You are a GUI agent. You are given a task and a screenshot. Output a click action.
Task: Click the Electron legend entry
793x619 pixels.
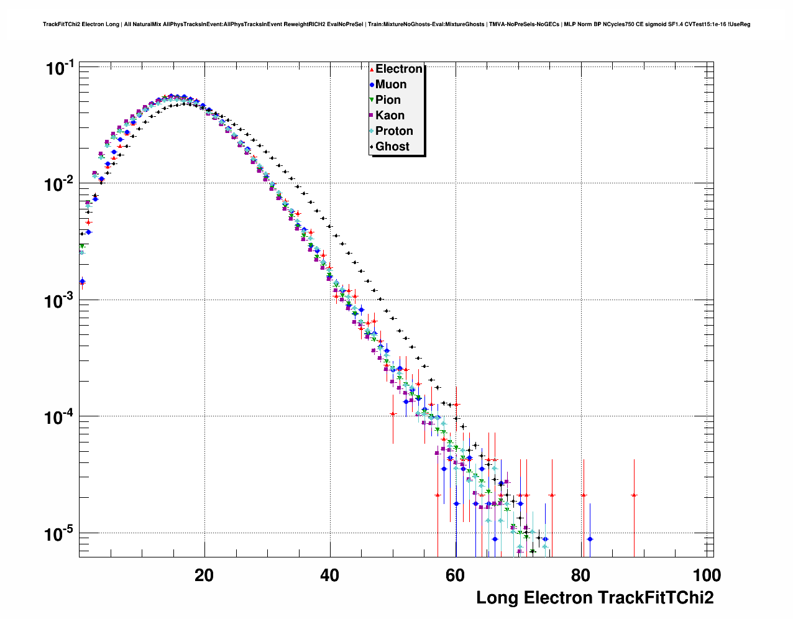398,69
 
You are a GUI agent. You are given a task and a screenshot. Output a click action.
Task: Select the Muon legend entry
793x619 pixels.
390,85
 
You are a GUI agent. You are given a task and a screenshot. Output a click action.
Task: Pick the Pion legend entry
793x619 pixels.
388,100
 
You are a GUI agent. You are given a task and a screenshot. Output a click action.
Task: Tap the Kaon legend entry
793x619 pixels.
390,116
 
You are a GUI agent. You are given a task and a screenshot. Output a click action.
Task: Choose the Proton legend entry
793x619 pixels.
394,131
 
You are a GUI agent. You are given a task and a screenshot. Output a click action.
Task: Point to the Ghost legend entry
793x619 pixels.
392,147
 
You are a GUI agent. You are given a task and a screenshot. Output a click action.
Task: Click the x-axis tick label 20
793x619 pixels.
204,575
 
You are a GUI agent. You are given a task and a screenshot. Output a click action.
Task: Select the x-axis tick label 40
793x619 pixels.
329,575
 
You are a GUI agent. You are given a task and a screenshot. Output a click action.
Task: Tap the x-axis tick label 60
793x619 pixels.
455,575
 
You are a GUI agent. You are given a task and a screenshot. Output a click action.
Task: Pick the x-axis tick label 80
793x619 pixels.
580,575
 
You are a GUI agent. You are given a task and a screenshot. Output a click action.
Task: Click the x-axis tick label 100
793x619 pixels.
706,575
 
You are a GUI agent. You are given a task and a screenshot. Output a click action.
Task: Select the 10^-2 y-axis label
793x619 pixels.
60,184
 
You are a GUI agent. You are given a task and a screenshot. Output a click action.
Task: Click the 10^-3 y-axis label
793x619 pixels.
60,300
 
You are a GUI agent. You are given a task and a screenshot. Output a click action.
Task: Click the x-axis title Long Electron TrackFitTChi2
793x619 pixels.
595,598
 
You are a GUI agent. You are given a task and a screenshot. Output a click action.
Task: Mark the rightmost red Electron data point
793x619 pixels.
634,495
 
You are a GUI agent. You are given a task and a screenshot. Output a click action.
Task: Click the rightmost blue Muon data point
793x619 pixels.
590,539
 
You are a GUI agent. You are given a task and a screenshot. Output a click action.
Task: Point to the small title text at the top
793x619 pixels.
396,24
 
